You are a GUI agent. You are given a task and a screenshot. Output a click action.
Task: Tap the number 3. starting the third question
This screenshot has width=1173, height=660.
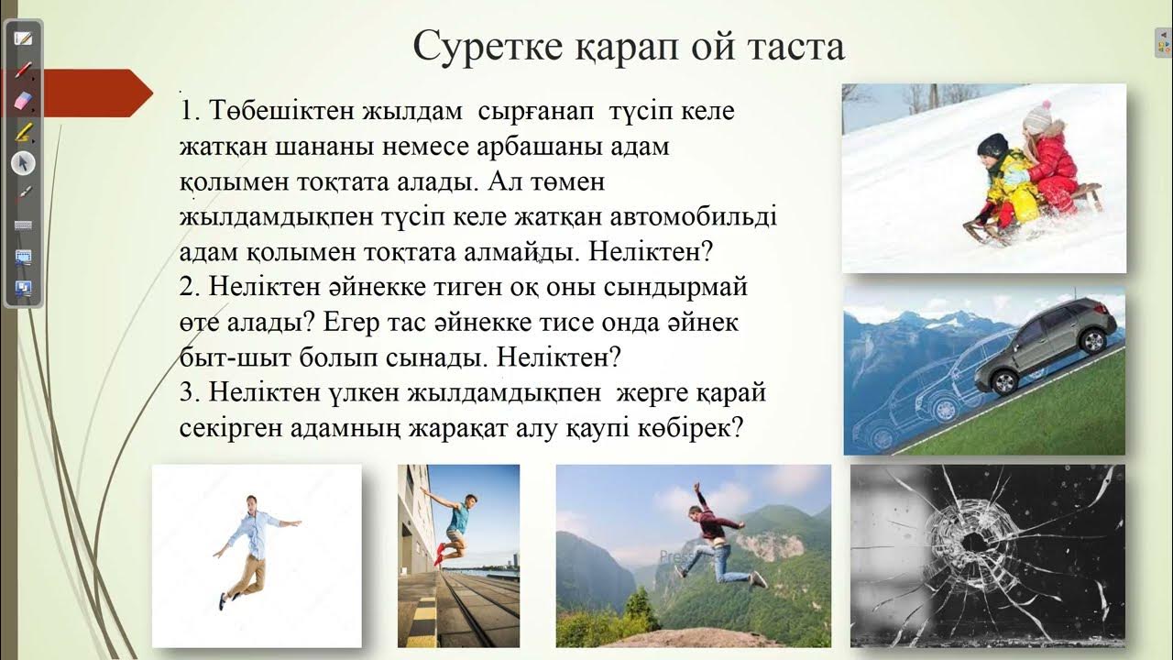coord(191,392)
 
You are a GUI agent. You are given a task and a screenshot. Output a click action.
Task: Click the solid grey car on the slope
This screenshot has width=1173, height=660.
coord(1047,337)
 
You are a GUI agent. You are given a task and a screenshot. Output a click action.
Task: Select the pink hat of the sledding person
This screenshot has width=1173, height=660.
coord(1038,116)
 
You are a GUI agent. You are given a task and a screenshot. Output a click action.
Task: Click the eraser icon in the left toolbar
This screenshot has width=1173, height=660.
coord(23,99)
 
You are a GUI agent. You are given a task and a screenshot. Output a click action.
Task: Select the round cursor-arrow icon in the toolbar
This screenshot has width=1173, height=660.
coord(23,163)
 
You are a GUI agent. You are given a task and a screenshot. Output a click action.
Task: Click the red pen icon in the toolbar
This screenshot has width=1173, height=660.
coord(23,70)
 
